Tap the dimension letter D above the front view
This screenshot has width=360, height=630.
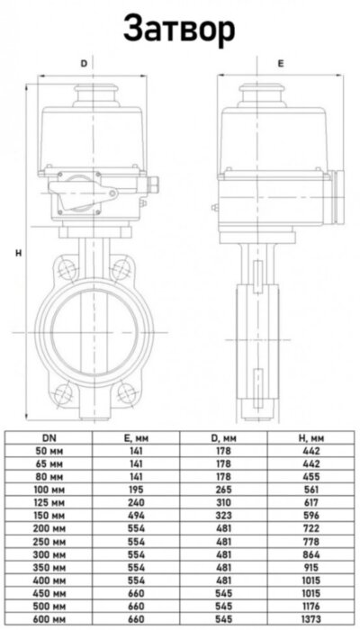tap(84, 64)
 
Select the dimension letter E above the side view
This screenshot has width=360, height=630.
tap(280, 64)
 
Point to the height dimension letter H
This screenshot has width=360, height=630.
tap(18, 253)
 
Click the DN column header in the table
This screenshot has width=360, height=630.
tap(46, 436)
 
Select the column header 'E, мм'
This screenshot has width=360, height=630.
tap(133, 436)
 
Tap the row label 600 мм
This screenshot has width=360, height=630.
tap(46, 620)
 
